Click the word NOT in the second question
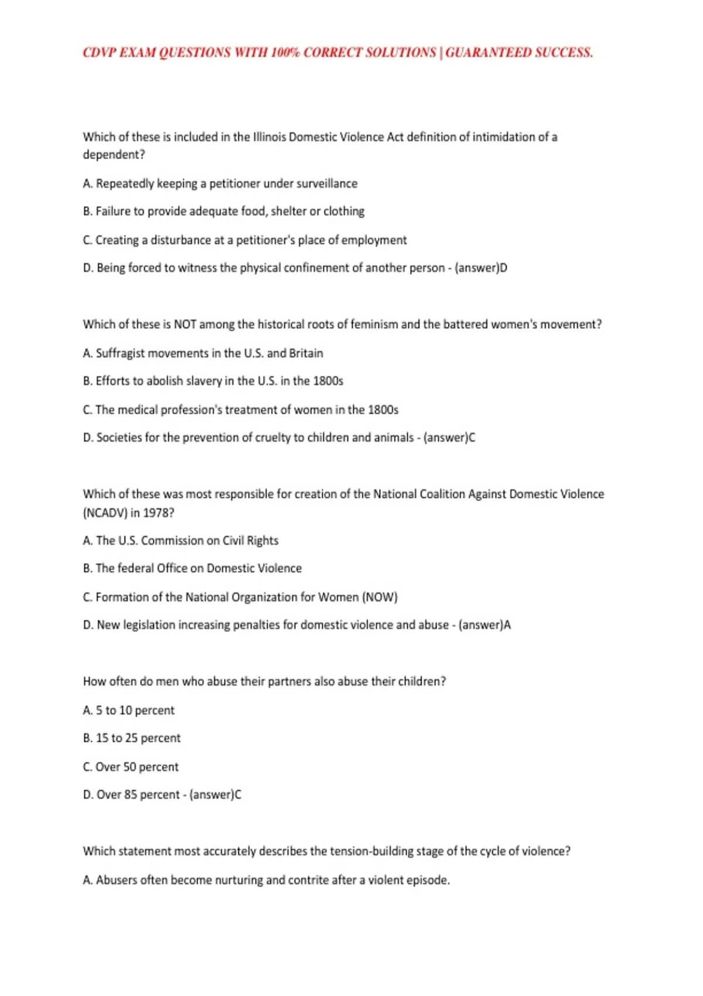point(185,324)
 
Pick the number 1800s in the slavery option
point(328,381)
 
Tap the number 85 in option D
point(131,795)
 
